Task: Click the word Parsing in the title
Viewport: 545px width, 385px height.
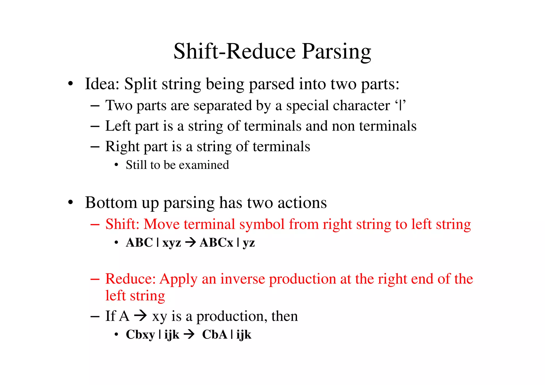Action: pos(336,52)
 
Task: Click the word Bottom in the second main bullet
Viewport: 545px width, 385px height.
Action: pos(111,203)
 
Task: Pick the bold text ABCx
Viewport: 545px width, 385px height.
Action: pos(216,243)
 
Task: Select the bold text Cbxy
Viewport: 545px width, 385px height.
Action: pos(140,335)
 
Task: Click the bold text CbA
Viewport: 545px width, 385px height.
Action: pos(214,335)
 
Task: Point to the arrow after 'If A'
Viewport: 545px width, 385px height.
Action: pos(141,316)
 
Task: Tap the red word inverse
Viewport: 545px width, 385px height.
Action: pos(242,279)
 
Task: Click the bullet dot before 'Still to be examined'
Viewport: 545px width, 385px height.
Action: pos(116,165)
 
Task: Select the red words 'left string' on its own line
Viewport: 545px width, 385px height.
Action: pos(135,296)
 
